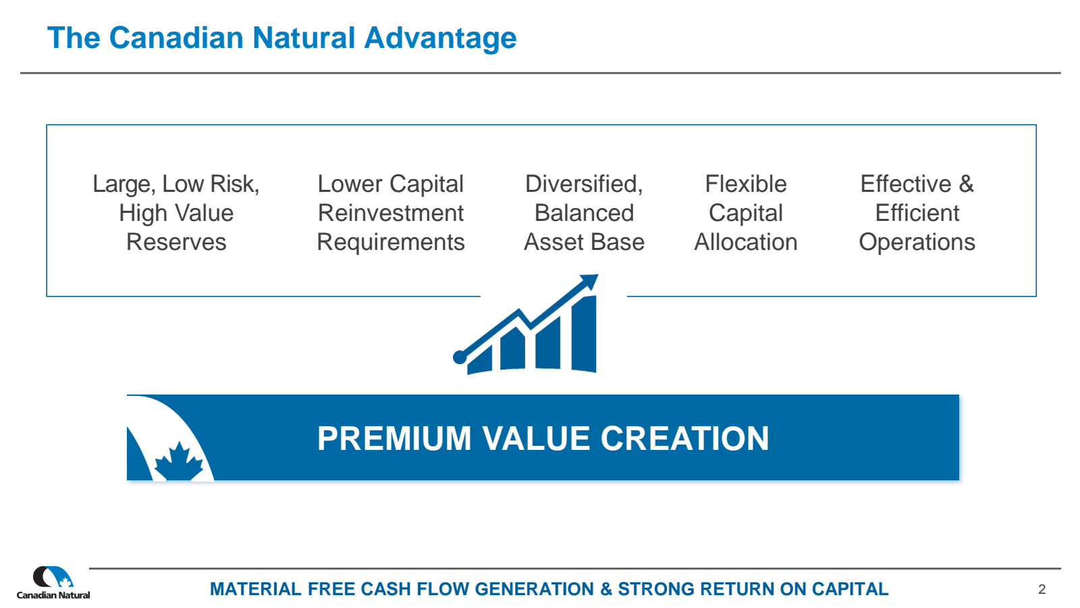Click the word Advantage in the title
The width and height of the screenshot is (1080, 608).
pyautogui.click(x=440, y=39)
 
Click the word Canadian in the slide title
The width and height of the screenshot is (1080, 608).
pyautogui.click(x=176, y=38)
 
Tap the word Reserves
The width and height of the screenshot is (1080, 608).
pyautogui.click(x=176, y=242)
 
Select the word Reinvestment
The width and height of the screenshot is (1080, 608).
pyautogui.click(x=391, y=213)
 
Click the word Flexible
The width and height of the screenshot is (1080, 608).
pyautogui.click(x=746, y=184)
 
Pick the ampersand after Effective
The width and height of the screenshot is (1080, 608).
pyautogui.click(x=966, y=184)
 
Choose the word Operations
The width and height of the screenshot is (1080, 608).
pyautogui.click(x=917, y=243)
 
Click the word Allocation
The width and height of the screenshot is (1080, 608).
pyautogui.click(x=746, y=242)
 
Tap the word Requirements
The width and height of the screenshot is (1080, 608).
pyautogui.click(x=391, y=243)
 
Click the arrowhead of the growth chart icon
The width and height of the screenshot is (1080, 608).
pyautogui.click(x=590, y=281)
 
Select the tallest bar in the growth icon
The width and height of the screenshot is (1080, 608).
pyautogui.click(x=584, y=334)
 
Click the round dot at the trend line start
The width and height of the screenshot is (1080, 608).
pyautogui.click(x=460, y=357)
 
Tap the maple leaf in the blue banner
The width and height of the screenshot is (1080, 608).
pyautogui.click(x=179, y=461)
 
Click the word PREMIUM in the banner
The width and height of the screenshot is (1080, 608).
pyautogui.click(x=394, y=438)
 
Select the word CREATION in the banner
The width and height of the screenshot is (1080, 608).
pyautogui.click(x=684, y=438)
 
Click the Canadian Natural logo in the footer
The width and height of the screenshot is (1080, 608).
pyautogui.click(x=53, y=582)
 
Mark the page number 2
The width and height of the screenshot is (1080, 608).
pyautogui.click(x=1042, y=589)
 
